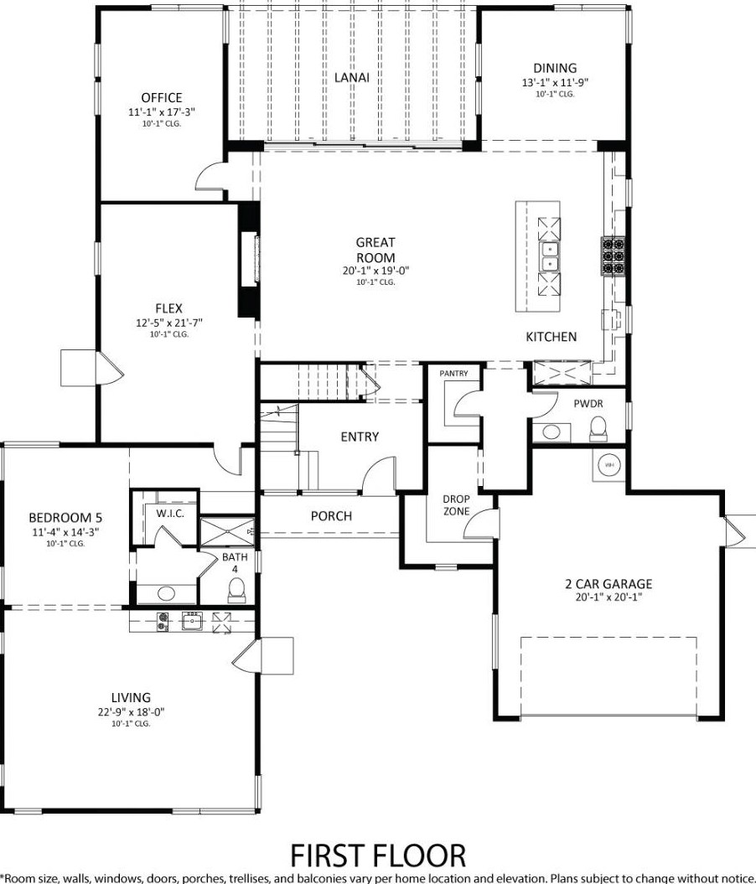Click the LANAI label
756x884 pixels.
pos(352,77)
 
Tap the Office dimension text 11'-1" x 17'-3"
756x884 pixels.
pos(162,111)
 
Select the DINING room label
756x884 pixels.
pos(555,68)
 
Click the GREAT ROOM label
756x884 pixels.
pos(375,250)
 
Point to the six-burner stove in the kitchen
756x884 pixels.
pos(614,256)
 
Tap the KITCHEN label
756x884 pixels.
pos(551,337)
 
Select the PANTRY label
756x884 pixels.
pos(453,373)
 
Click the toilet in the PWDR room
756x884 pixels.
pos(597,429)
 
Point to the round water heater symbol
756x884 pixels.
pos(609,465)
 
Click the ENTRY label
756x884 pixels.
pos(360,437)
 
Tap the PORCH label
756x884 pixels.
pos(332,516)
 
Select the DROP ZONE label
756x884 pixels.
pos(456,505)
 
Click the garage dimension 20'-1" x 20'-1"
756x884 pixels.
pos(608,597)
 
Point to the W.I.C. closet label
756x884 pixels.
pos(170,513)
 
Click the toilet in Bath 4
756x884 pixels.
pos(237,591)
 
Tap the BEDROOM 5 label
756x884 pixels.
pos(65,518)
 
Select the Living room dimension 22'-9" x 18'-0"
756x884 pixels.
pos(131,712)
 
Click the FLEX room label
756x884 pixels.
pos(169,308)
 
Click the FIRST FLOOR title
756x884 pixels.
pos(378,856)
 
